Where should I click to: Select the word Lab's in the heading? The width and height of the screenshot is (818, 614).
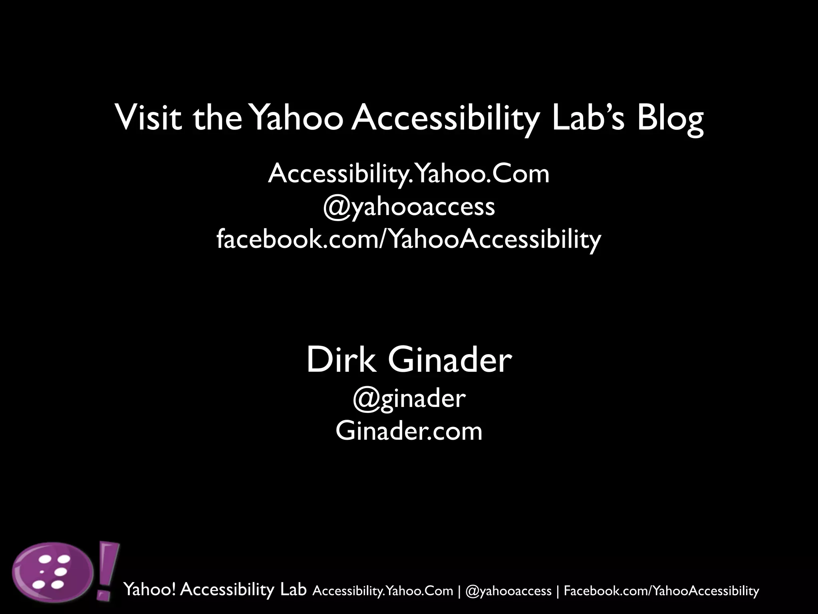point(588,118)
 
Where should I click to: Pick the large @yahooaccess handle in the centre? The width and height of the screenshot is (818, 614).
point(409,207)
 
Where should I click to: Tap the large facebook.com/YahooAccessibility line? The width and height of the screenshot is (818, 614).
point(409,239)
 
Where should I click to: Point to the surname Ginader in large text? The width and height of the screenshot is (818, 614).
point(449,360)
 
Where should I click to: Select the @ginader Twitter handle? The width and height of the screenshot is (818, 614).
point(409,399)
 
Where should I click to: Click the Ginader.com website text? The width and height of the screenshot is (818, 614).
point(409,431)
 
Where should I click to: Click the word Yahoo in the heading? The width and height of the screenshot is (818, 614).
point(298,118)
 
